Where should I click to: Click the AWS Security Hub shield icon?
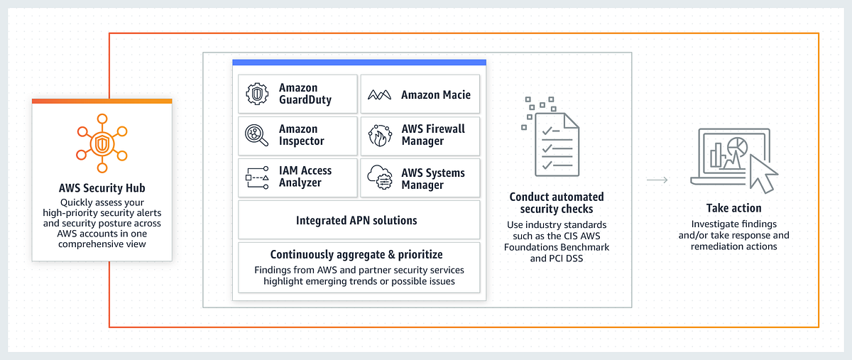tap(102, 146)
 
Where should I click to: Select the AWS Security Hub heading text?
tap(102, 189)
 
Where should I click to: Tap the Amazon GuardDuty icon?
tap(256, 94)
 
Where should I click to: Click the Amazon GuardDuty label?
tap(305, 94)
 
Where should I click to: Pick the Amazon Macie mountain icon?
tap(379, 94)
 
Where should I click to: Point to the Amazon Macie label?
tap(435, 94)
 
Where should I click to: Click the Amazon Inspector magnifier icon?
tap(256, 135)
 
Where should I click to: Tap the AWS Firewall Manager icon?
tap(379, 135)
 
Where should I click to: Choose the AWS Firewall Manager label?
tap(433, 135)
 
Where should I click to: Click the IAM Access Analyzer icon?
tap(256, 177)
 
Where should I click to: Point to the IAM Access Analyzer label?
tap(305, 177)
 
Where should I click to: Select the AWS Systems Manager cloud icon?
tap(379, 178)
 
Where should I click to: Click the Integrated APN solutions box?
tap(359, 220)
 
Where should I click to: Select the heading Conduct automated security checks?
tap(557, 203)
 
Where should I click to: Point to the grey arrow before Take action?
tap(657, 180)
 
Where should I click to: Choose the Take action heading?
tap(733, 208)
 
